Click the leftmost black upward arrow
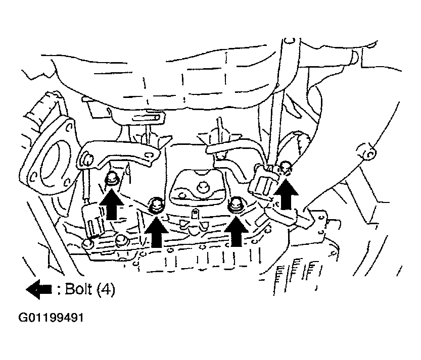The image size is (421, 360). pos(111,203)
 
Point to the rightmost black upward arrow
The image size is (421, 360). pos(286,194)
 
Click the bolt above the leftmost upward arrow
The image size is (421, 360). pos(111,178)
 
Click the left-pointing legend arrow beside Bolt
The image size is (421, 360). pos(38,289)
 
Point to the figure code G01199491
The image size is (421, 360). pos(51,318)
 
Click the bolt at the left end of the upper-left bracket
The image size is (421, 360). pos(87,158)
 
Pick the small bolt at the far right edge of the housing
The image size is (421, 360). pos(368,153)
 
